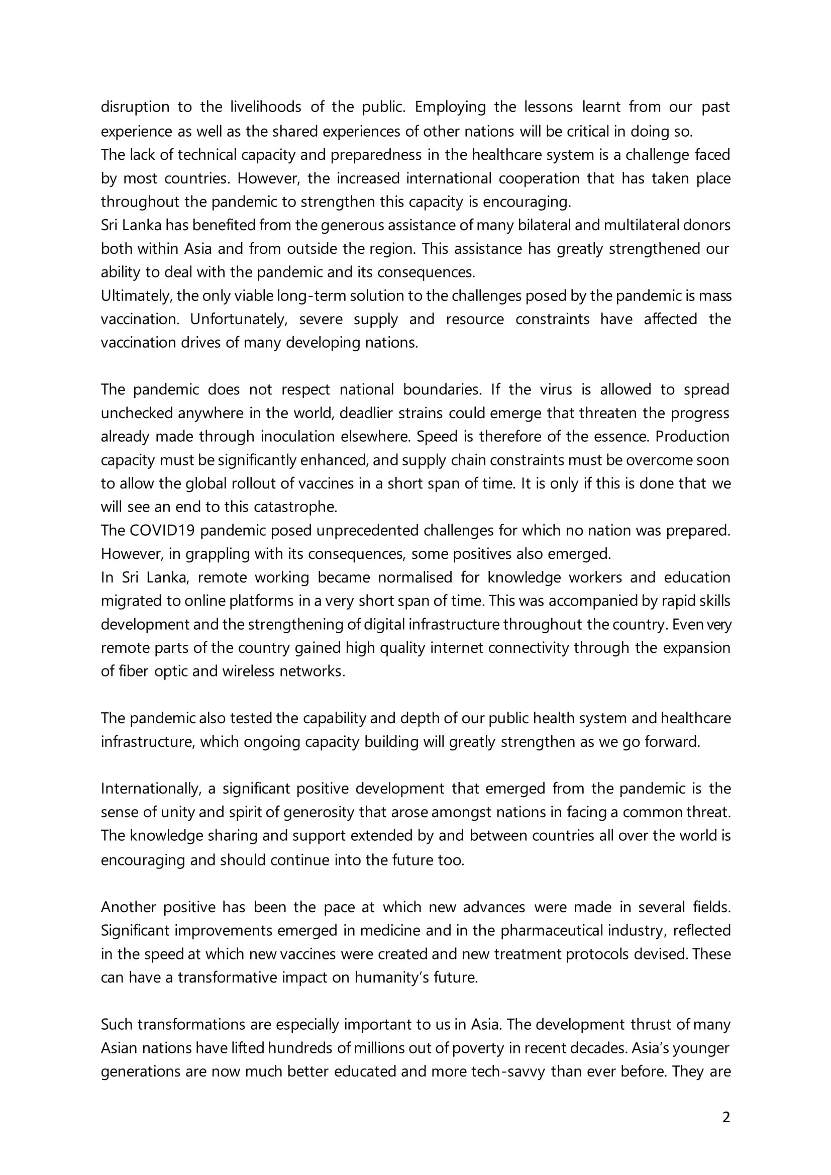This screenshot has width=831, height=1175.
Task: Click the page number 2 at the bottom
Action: [726, 1117]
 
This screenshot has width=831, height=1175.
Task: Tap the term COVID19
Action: [162, 530]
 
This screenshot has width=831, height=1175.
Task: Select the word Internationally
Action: [150, 789]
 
